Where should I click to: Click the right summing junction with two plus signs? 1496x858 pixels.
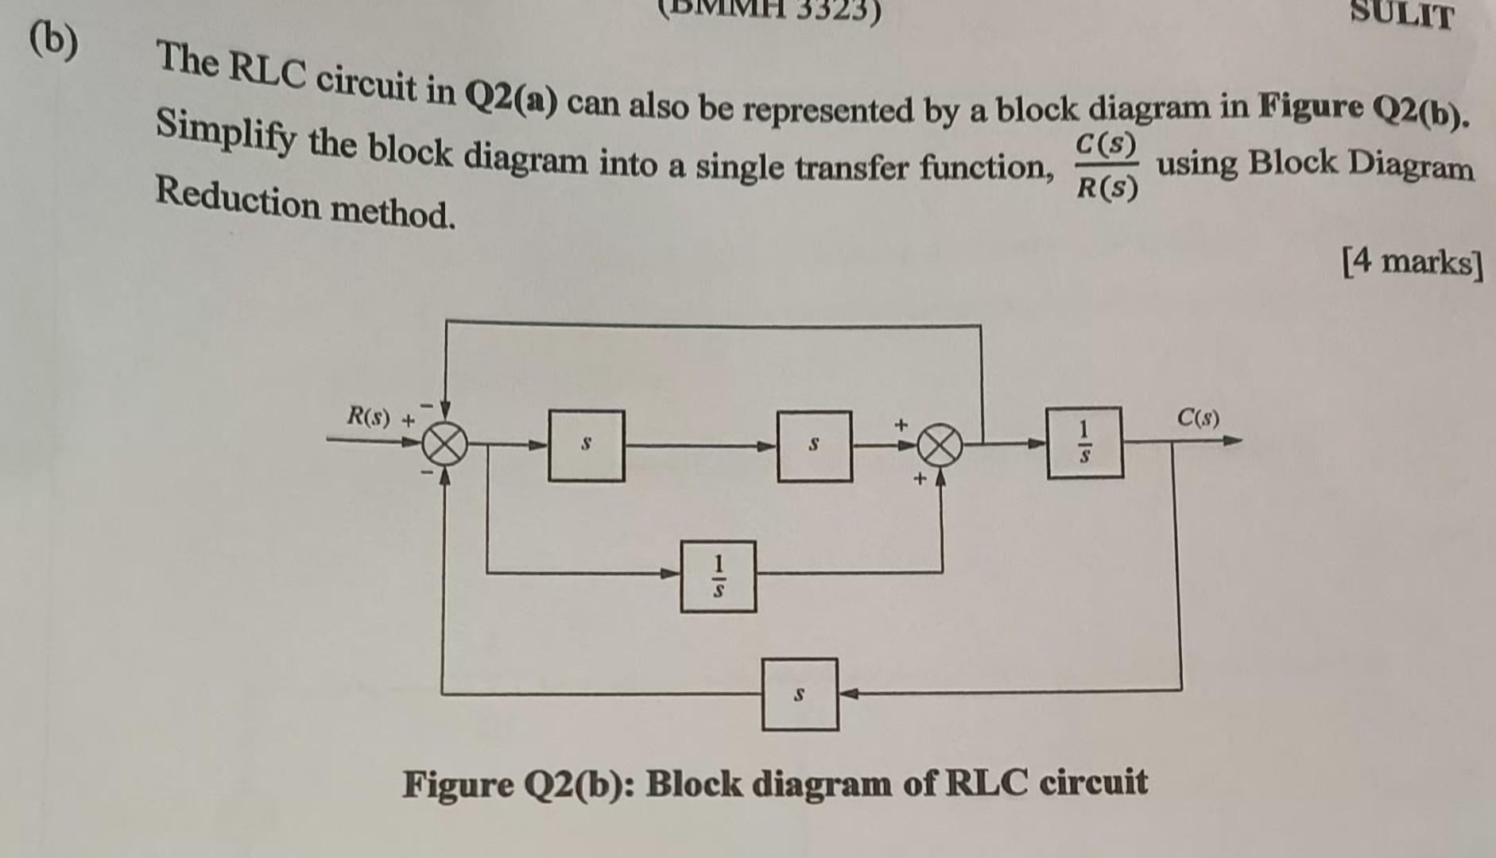(940, 446)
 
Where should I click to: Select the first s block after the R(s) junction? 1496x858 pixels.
(587, 446)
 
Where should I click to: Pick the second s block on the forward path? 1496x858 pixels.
(815, 446)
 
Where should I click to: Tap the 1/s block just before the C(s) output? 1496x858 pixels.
(1084, 443)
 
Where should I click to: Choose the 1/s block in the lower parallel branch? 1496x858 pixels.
(719, 576)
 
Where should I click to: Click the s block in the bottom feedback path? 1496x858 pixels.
(800, 694)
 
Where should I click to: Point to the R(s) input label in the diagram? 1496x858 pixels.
(369, 416)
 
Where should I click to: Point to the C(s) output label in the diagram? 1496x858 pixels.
(1198, 417)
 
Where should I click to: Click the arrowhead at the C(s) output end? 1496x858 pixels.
(1233, 440)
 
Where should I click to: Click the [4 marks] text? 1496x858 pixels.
(1412, 262)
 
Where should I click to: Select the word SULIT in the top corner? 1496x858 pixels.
(1402, 14)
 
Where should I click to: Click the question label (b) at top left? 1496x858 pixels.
(54, 41)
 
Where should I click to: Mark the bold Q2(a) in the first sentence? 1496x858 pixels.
(511, 98)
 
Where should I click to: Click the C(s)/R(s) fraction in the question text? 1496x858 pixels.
(1106, 166)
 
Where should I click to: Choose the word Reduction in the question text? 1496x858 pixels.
(238, 199)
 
